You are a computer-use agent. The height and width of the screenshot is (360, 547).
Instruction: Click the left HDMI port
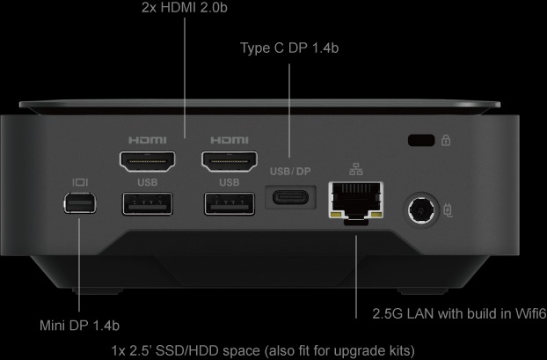coord(147,162)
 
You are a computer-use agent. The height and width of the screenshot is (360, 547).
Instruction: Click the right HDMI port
coord(229,162)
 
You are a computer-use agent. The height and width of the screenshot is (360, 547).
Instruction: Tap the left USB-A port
coord(147,203)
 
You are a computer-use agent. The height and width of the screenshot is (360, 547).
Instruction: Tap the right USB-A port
coord(229,203)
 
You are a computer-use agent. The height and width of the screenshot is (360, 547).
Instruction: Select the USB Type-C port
coord(291,195)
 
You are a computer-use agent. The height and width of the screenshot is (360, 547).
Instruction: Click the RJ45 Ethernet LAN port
coord(355,201)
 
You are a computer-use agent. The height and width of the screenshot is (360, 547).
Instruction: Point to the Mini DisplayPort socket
coord(80,205)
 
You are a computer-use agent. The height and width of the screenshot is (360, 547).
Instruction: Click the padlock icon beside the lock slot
coord(446,139)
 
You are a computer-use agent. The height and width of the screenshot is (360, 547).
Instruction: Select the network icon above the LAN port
coord(355,170)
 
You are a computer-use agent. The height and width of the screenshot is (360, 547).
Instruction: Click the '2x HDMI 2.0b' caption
coord(185,8)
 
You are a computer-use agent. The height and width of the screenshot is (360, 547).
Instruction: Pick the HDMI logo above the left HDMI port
coord(147,140)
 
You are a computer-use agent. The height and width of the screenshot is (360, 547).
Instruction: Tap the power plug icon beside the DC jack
coord(449,211)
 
